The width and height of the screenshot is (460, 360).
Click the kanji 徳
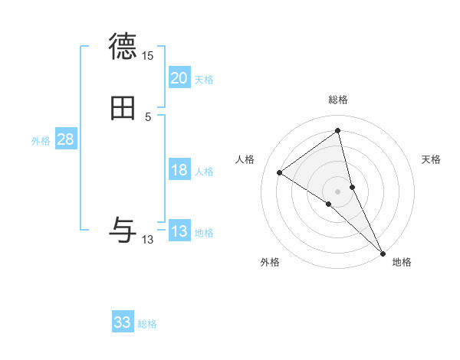tap(123, 47)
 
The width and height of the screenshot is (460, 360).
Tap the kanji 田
tap(123, 110)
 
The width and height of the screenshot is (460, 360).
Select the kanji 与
tap(123, 230)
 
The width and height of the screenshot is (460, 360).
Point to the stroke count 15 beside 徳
tap(147, 56)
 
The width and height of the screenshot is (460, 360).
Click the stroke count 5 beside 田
tap(148, 117)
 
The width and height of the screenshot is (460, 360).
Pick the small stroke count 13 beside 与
tap(147, 240)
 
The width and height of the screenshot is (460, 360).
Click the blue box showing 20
tap(179, 78)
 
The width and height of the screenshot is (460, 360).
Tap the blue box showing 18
tap(179, 170)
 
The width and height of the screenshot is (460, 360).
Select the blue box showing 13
tap(179, 231)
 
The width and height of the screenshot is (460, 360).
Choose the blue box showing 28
tap(65, 139)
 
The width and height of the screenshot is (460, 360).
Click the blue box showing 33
tap(123, 322)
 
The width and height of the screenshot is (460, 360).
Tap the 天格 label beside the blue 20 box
tap(204, 80)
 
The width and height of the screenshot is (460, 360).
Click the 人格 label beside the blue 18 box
tap(204, 172)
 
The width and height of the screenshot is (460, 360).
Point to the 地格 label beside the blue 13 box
tap(204, 233)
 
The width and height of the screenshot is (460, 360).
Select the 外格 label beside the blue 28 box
tap(41, 141)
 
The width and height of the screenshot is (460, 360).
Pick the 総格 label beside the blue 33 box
tap(147, 324)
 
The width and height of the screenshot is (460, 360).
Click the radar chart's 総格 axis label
tap(338, 100)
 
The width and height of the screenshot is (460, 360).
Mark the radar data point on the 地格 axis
tap(383, 252)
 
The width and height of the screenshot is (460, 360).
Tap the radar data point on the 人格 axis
tap(280, 172)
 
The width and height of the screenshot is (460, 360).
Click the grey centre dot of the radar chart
tap(338, 191)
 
